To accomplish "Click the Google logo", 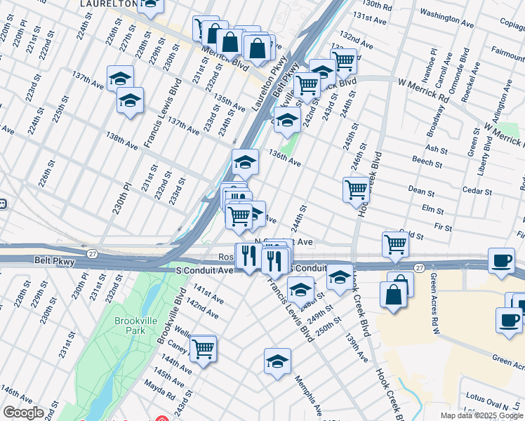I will coord(23,413).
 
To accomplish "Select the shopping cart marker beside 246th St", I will coord(356,189).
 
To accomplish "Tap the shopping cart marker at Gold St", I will coord(396,244).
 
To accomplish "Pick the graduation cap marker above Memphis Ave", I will coord(278,362).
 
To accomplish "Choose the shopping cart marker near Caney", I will coord(203,348).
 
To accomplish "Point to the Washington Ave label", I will coord(448,14).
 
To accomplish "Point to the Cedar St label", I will coord(477,190).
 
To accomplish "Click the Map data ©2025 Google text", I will coord(481,415).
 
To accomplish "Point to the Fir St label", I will coord(444,227).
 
